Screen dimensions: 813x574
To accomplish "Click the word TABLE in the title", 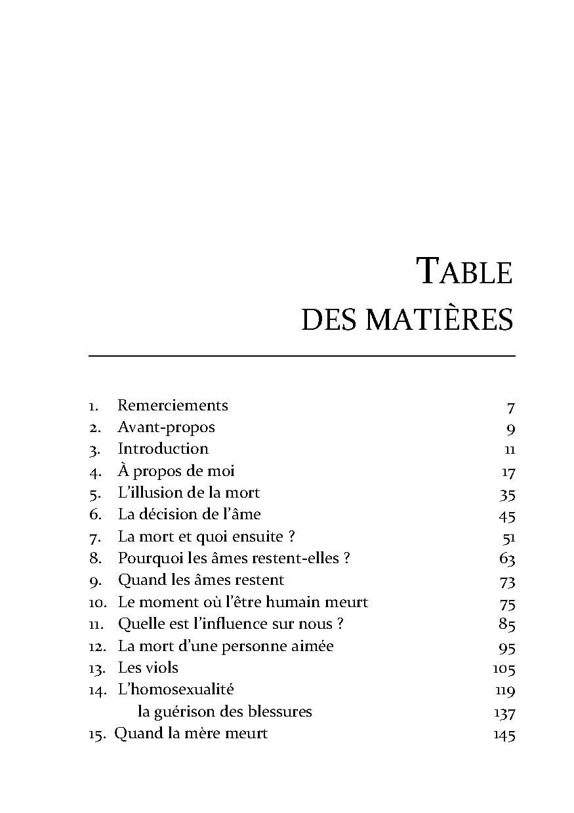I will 464,271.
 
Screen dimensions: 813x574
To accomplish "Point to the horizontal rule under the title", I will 302,356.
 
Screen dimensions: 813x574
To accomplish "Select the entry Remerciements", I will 173,405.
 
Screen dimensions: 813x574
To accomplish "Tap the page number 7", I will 510,408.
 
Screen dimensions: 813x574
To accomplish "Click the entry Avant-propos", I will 166,427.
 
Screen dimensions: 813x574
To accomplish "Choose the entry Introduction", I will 163,449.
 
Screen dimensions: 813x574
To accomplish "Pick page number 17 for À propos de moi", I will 508,473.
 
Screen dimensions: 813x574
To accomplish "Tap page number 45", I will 506,517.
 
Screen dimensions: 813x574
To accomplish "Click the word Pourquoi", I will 149,559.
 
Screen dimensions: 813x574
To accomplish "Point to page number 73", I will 506,582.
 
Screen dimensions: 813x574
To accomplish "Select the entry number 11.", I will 97,624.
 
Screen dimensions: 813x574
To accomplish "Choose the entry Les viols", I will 148,668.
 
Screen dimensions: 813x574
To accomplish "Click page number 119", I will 504,691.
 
